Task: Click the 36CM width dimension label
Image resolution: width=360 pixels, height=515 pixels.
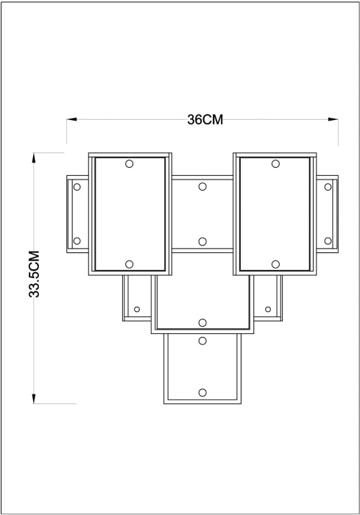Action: click(x=204, y=121)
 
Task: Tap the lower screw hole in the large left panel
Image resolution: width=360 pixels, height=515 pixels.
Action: click(x=129, y=264)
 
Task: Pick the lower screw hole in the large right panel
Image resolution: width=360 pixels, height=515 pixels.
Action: click(x=275, y=264)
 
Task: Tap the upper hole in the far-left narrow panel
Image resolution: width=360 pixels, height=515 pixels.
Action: click(x=76, y=187)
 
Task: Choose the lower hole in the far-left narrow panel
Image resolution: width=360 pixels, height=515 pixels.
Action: click(x=76, y=241)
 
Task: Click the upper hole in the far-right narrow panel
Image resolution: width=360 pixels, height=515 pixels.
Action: click(x=328, y=187)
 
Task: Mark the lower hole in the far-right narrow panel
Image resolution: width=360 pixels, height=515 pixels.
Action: click(x=328, y=241)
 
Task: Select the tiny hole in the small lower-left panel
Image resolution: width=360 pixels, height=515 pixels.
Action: click(x=137, y=308)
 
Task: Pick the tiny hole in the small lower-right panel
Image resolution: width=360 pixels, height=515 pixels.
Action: click(x=268, y=308)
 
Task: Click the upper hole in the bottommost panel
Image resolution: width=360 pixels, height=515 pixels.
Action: click(x=204, y=341)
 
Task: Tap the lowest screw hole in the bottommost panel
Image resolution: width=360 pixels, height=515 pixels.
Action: click(x=204, y=392)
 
